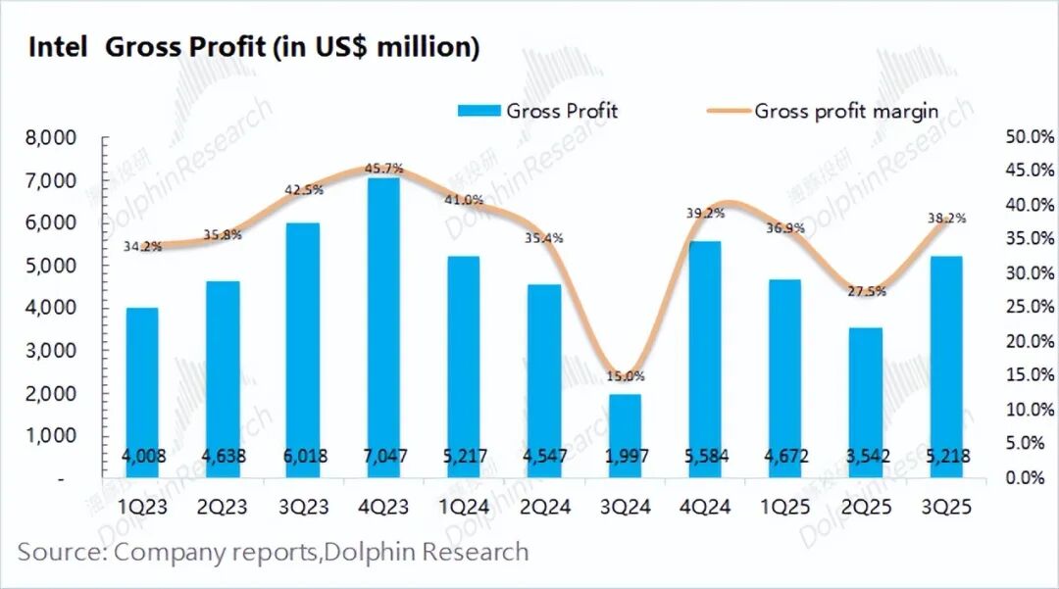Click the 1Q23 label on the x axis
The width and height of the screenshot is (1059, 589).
142,508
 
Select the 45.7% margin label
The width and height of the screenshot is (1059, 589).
383,169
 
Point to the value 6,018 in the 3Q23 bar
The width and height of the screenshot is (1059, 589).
304,456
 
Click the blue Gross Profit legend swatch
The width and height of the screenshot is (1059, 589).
479,111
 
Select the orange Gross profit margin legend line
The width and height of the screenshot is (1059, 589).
727,111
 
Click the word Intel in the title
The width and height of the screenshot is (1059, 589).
58,47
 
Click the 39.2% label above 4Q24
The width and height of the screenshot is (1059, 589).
706,213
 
